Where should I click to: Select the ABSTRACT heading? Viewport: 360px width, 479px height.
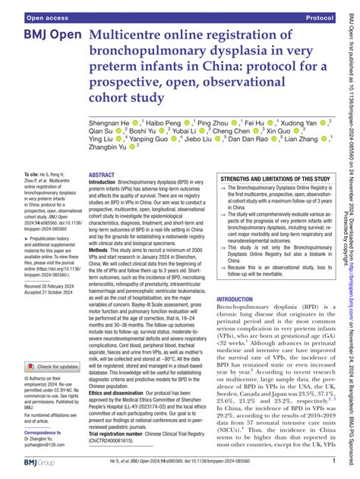click(107, 195)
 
